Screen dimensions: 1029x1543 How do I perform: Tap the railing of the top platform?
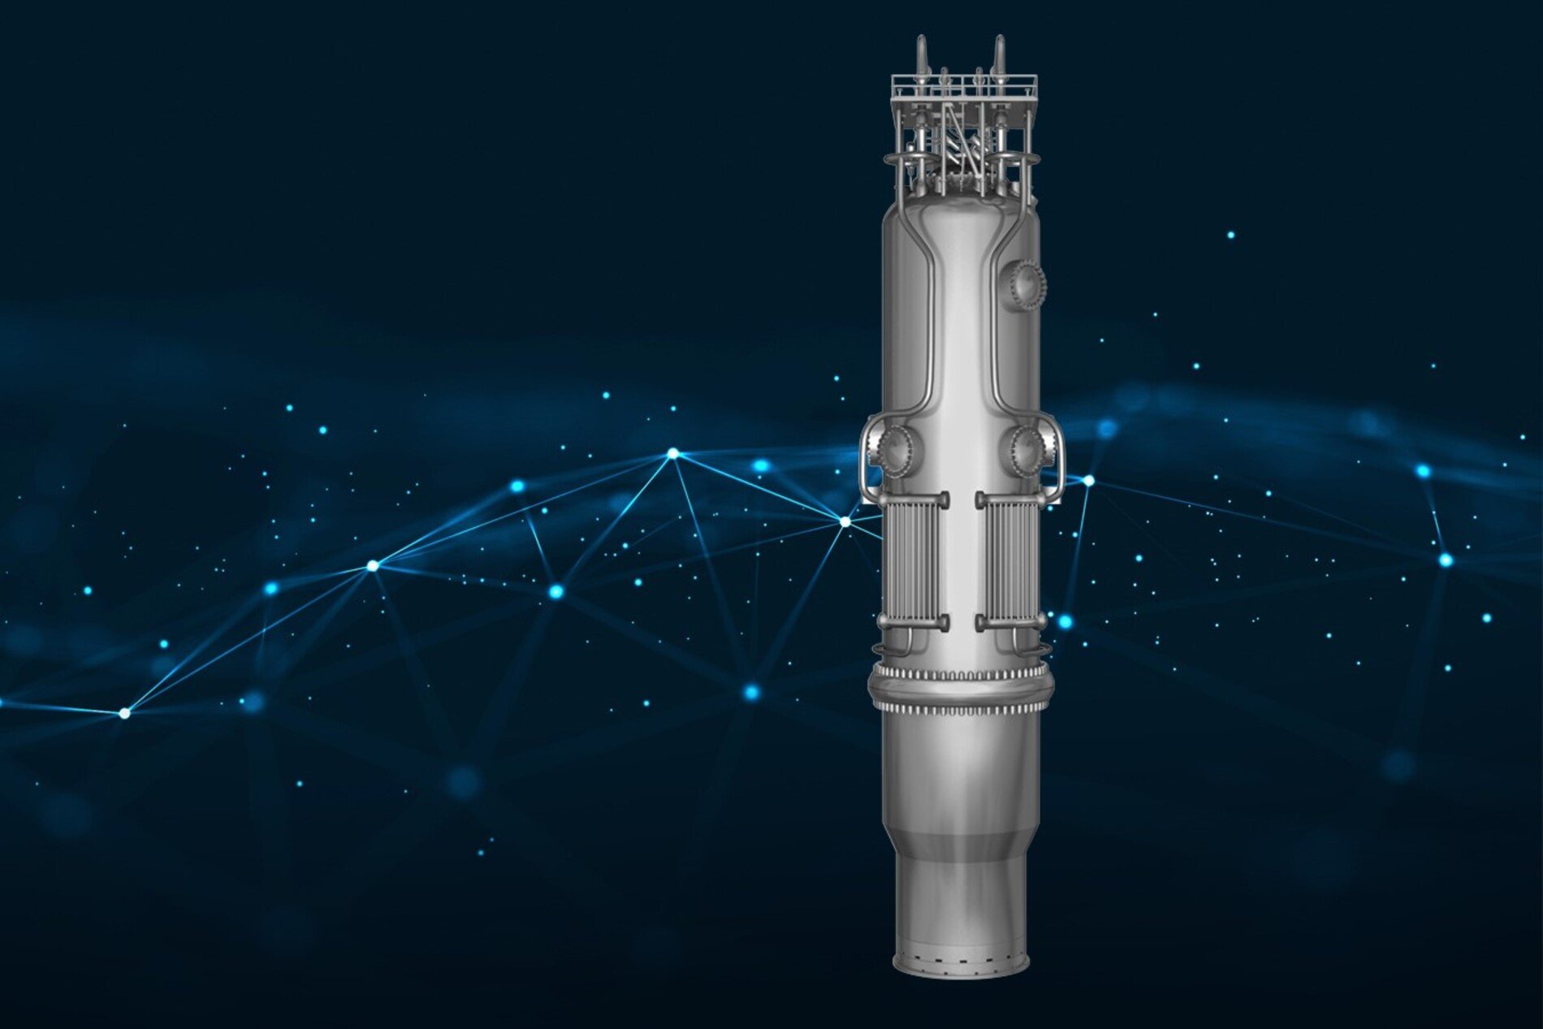pos(963,82)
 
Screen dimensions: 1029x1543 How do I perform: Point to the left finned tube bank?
pos(913,560)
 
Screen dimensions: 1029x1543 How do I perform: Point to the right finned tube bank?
pos(1012,560)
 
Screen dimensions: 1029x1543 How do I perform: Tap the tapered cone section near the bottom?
pos(960,837)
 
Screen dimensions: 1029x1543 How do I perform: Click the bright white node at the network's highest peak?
pos(672,454)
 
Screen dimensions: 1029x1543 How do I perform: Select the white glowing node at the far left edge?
pos(124,713)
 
